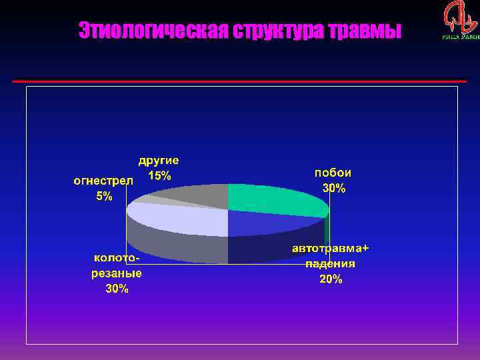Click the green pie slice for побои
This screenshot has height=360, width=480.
click(x=277, y=199)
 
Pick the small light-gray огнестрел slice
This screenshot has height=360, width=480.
click(x=145, y=199)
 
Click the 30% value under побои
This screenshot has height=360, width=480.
click(x=334, y=188)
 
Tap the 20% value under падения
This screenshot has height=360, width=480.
click(x=331, y=279)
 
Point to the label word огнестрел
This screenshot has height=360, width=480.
click(x=103, y=181)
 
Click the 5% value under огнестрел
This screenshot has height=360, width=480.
click(x=104, y=197)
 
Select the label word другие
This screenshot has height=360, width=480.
click(x=159, y=160)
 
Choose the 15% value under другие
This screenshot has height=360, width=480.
click(x=159, y=176)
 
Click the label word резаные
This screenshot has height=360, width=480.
click(x=116, y=273)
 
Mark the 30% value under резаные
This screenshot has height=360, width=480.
click(x=117, y=289)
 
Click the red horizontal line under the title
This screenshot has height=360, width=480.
click(x=240, y=81)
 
